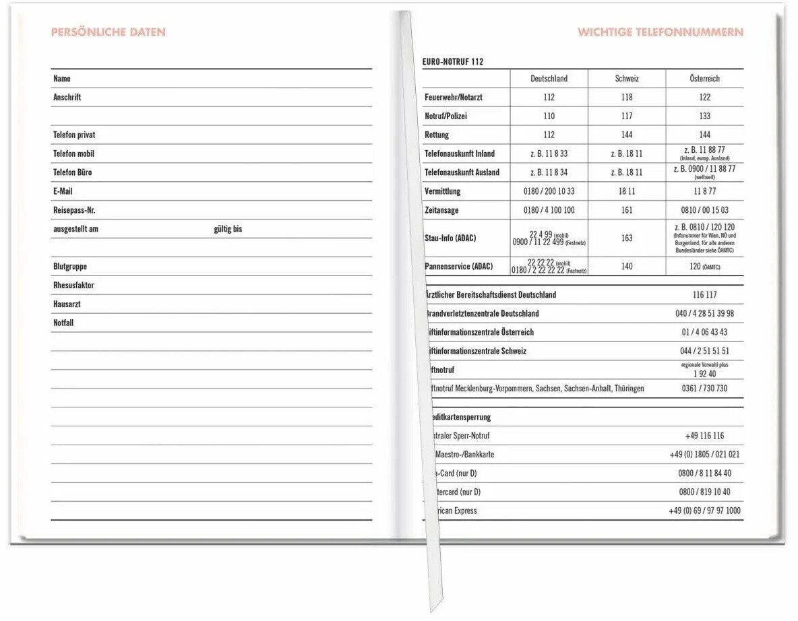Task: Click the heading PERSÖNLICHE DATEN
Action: pyautogui.click(x=108, y=32)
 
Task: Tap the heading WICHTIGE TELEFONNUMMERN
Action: pyautogui.click(x=660, y=32)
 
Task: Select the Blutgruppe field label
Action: pyautogui.click(x=70, y=267)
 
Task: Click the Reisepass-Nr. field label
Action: pyautogui.click(x=74, y=210)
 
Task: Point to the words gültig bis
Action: pyautogui.click(x=228, y=229)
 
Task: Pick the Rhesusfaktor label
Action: pyautogui.click(x=73, y=286)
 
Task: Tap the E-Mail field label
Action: pyautogui.click(x=63, y=191)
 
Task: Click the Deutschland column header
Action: pyautogui.click(x=549, y=79)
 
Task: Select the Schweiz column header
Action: pyautogui.click(x=627, y=79)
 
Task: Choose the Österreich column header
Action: pyautogui.click(x=704, y=79)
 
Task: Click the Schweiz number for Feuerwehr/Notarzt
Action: pyautogui.click(x=627, y=98)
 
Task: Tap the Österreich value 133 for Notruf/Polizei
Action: pyautogui.click(x=704, y=117)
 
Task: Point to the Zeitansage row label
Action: pyautogui.click(x=441, y=210)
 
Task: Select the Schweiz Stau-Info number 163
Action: pyautogui.click(x=627, y=238)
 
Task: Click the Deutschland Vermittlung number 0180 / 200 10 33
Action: pyautogui.click(x=549, y=191)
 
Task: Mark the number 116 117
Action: pyautogui.click(x=704, y=295)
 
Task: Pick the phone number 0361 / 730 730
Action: pyautogui.click(x=704, y=389)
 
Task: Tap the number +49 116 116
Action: pyautogui.click(x=704, y=436)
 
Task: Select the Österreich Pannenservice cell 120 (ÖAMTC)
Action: pyautogui.click(x=704, y=267)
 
